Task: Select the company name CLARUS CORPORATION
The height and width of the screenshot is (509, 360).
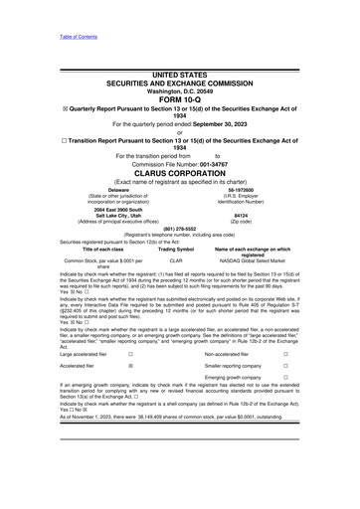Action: [179, 171]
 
